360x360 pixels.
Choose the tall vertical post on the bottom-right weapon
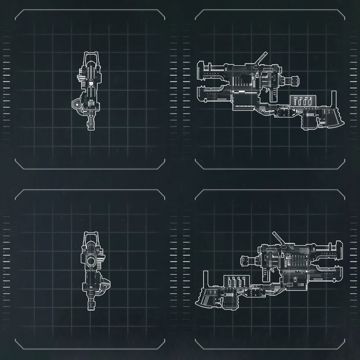pyautogui.click(x=206, y=279)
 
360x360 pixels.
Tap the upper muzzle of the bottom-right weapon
pyautogui.click(x=339, y=248)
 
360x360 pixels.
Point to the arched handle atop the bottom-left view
pyautogui.click(x=90, y=235)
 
